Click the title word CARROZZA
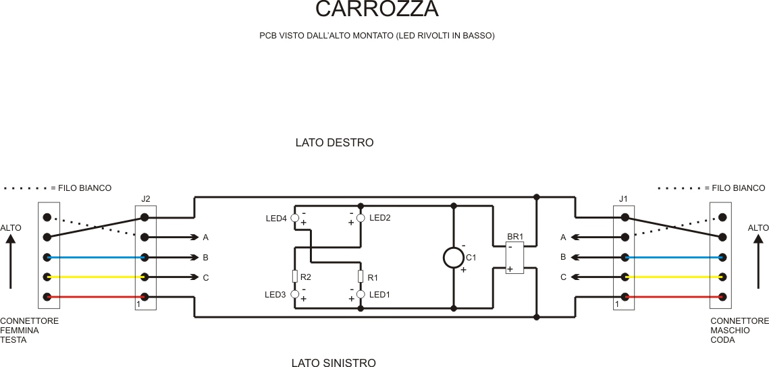tap(377, 9)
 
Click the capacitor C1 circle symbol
tap(453, 258)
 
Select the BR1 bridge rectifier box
tap(514, 257)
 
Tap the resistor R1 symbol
tap(361, 277)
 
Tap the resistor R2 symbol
tap(294, 277)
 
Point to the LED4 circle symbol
tap(294, 217)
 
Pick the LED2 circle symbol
tap(361, 217)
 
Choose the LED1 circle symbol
tap(361, 294)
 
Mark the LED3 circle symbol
tap(294, 294)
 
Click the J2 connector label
tap(146, 198)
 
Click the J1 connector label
tap(623, 198)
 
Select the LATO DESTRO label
tap(334, 143)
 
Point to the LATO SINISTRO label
tap(334, 363)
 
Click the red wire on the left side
tap(95, 297)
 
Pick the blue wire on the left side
tap(95, 257)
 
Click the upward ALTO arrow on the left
tap(10, 263)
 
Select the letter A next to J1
tap(563, 237)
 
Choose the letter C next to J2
tap(205, 277)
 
